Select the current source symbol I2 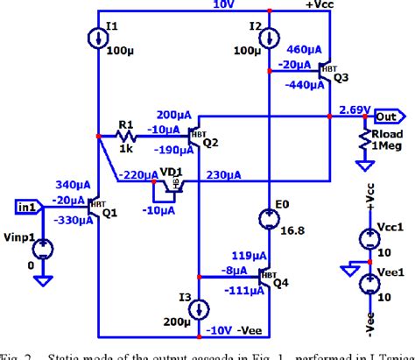click(x=268, y=39)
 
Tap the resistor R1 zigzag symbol click(x=127, y=136)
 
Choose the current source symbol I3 click(x=199, y=309)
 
